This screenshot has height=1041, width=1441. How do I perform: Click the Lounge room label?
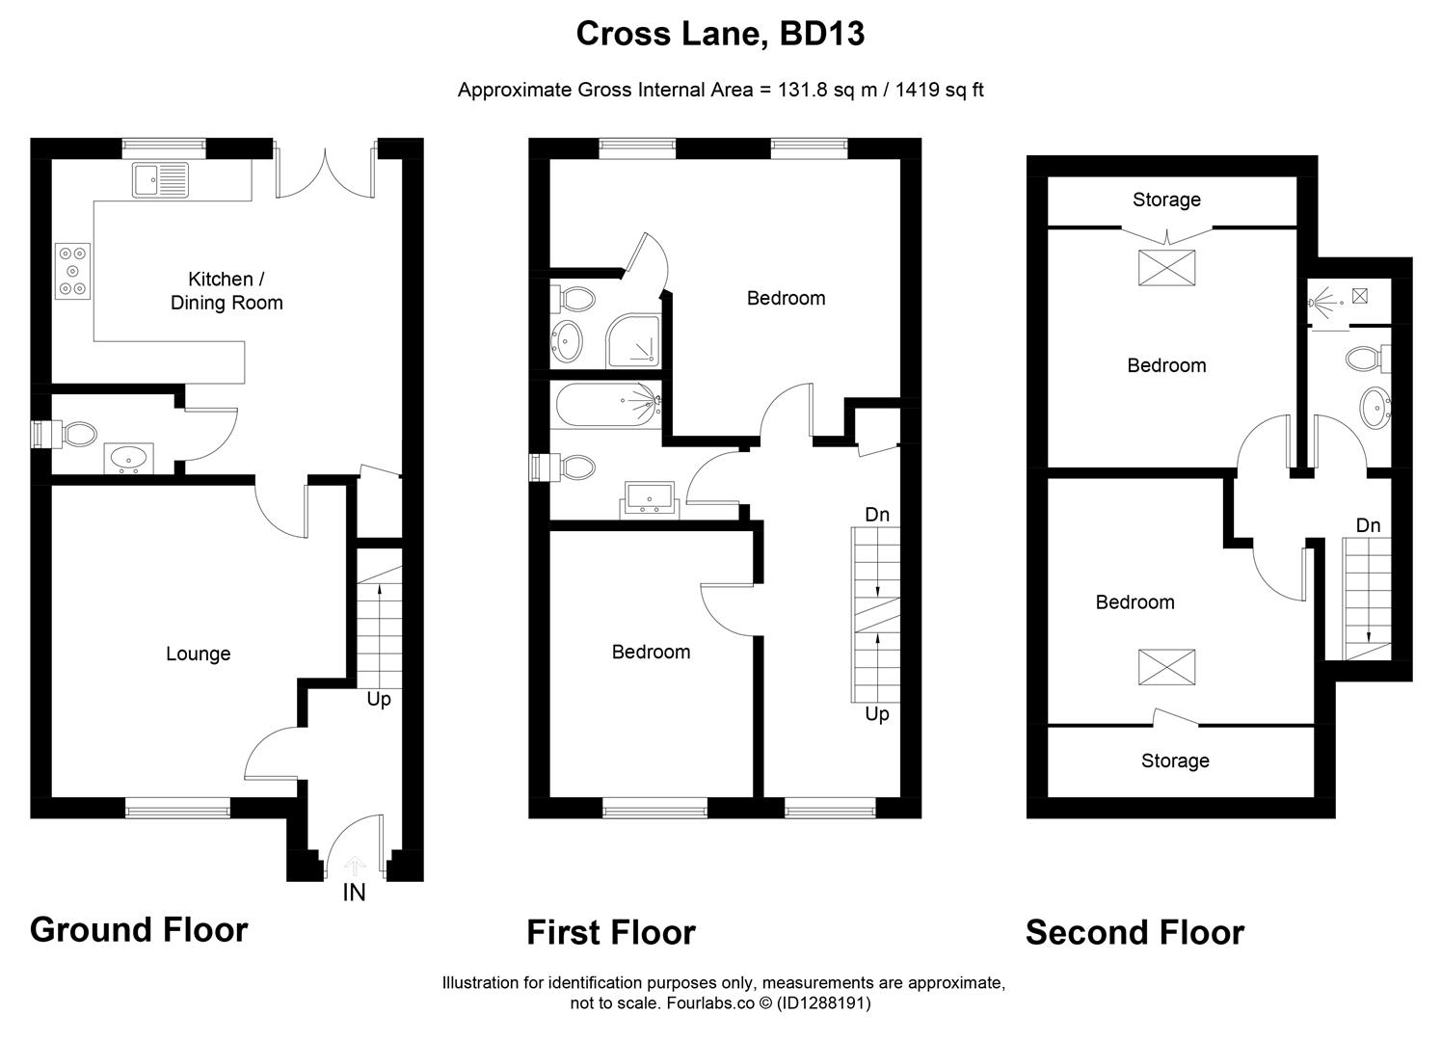(198, 654)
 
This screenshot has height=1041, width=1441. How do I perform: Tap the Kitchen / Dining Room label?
(227, 290)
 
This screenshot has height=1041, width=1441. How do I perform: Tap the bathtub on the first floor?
(607, 406)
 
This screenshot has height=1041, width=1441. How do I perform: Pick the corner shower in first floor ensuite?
(633, 341)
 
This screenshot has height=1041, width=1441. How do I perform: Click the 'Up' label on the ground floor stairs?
(379, 699)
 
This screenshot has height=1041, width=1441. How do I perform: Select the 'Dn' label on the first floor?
(877, 515)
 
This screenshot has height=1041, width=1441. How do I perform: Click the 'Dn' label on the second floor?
(1368, 525)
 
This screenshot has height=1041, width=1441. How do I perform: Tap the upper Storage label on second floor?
(1166, 200)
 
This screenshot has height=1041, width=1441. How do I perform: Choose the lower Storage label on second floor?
(1175, 761)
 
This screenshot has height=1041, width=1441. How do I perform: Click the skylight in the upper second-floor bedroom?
(1167, 268)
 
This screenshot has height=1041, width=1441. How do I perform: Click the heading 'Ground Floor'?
(139, 929)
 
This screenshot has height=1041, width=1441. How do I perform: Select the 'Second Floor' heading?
(1134, 932)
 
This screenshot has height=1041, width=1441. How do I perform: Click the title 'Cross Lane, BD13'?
(720, 34)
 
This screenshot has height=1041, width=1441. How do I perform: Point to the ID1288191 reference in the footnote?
(825, 1003)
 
